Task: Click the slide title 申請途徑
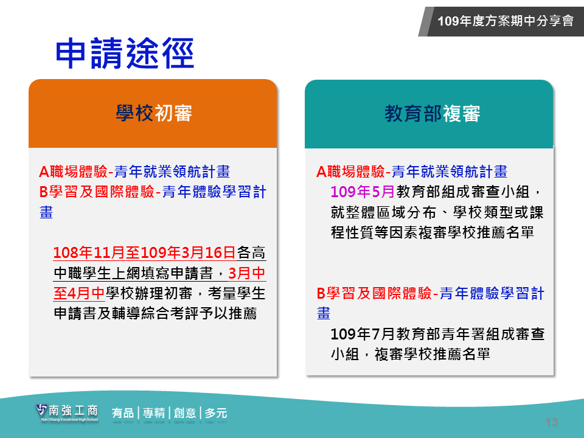[x=125, y=54]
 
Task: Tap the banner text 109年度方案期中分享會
[x=506, y=21]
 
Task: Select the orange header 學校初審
[x=154, y=113]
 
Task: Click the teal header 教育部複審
[x=433, y=114]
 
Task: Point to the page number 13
[x=552, y=422]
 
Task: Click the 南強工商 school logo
[x=67, y=412]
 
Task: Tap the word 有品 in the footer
[x=122, y=413]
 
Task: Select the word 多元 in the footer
[x=215, y=413]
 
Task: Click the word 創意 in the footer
[x=185, y=413]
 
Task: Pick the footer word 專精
[x=154, y=413]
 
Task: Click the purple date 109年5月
[x=363, y=192]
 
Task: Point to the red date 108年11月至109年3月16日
[x=145, y=252]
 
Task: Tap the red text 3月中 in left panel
[x=246, y=273]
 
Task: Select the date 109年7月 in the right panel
[x=363, y=334]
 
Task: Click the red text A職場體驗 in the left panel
[x=74, y=172]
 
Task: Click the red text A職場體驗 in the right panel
[x=350, y=172]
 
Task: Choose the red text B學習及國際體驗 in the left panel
[x=97, y=192]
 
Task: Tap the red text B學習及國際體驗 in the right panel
[x=374, y=293]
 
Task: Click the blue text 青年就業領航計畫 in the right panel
[x=450, y=172]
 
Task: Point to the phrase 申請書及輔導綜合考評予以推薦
[x=155, y=314]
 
